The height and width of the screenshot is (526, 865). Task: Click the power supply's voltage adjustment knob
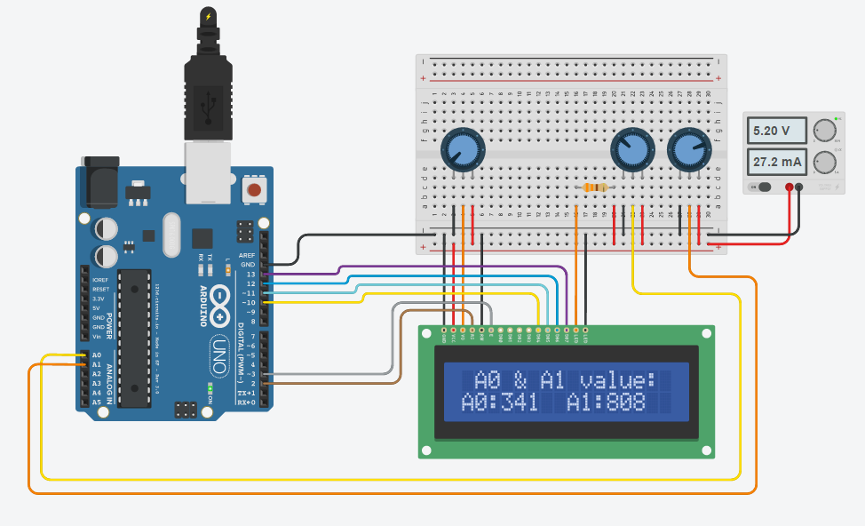825,130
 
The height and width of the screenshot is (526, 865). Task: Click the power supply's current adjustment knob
825,162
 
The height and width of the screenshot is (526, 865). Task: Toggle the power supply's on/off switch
762,187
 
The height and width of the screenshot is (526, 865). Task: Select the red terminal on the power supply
789,187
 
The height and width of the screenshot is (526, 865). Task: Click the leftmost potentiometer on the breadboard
462,147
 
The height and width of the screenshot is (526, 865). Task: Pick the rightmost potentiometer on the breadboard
689,148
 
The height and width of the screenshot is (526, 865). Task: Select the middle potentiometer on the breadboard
631,148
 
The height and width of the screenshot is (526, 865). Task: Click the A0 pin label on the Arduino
96,355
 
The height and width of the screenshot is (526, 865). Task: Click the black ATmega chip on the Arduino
135,338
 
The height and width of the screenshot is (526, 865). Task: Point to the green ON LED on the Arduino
210,387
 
